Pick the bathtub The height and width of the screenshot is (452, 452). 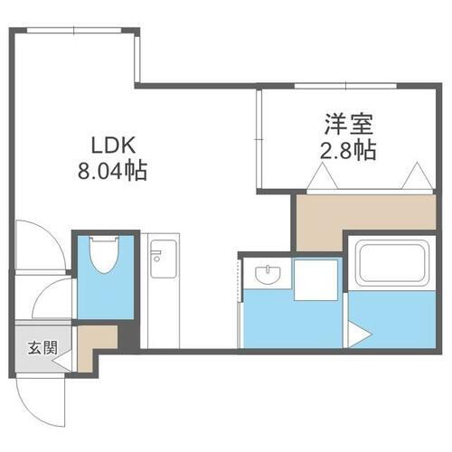click(391, 263)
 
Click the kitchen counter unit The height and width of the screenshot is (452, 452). click(161, 289)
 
